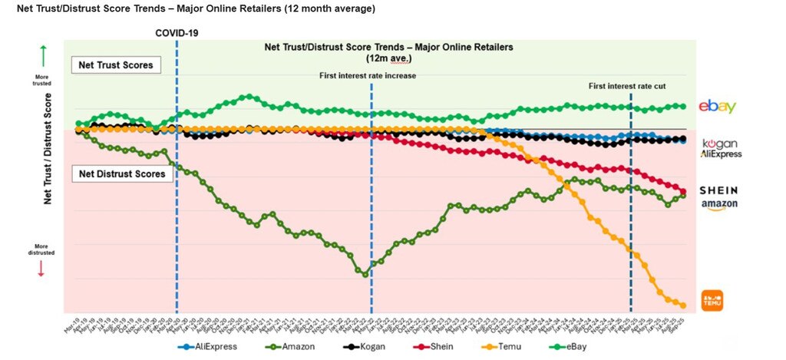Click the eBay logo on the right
pos(717,107)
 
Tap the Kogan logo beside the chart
pos(720,144)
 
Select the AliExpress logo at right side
pos(721,154)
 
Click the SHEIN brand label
pos(718,190)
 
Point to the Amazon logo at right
pos(719,204)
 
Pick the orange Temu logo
pos(713,300)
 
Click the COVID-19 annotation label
pos(177,33)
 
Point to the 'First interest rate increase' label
pos(368,75)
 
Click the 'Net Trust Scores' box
pos(115,65)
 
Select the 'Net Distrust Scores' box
pos(121,174)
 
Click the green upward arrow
pos(43,56)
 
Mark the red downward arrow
pos(41,267)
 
